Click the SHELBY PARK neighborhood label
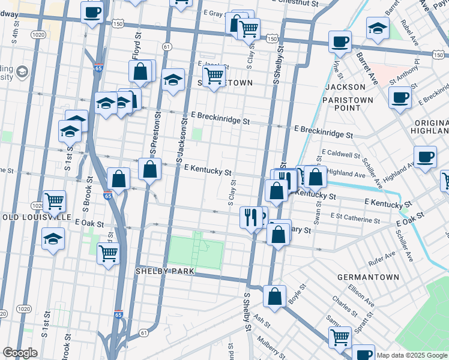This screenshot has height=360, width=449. coord(164,271)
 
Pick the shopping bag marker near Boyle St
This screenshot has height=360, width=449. coord(274,296)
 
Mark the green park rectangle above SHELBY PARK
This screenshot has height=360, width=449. coord(195,251)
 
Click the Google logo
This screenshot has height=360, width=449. coord(20,353)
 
